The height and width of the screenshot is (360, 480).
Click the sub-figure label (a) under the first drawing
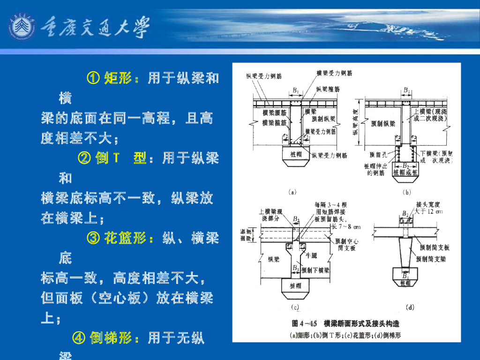coord(292,192)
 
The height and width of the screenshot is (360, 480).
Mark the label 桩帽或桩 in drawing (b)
coord(405,172)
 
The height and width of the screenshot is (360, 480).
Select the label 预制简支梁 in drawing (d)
coord(433,258)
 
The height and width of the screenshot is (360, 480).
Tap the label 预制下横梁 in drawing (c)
coord(315,270)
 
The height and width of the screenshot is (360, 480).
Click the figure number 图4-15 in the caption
coord(305,323)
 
